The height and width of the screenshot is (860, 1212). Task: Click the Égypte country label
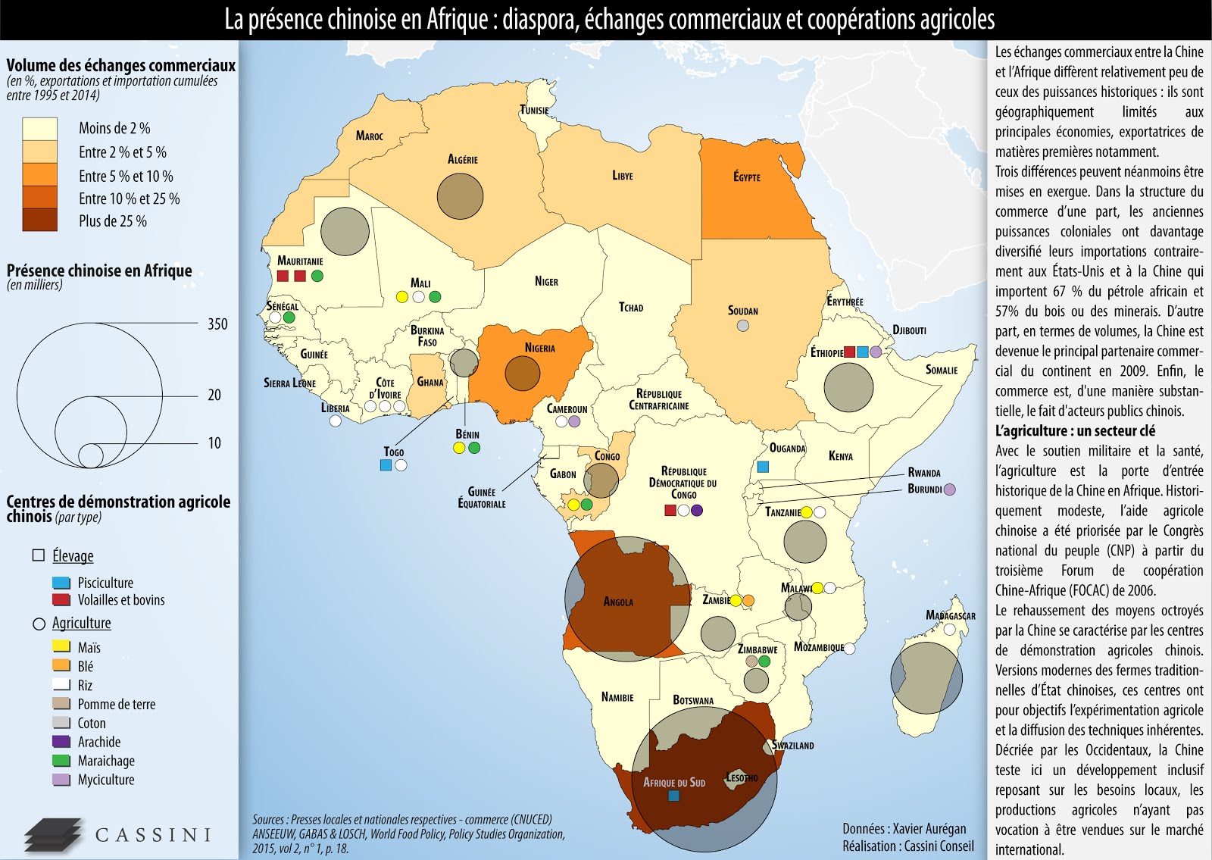pyautogui.click(x=746, y=177)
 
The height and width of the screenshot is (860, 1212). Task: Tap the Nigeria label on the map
pyautogui.click(x=539, y=348)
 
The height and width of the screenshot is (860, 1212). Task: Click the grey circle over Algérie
pyautogui.click(x=460, y=196)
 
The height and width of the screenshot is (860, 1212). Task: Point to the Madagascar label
pyautogui.click(x=950, y=615)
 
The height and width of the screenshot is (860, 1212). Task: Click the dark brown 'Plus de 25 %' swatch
pyautogui.click(x=39, y=220)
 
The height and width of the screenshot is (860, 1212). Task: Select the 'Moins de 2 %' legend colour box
pyautogui.click(x=39, y=128)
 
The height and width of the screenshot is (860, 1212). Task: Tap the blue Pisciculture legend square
pyautogui.click(x=61, y=583)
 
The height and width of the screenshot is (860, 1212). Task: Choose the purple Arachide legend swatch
pyautogui.click(x=61, y=742)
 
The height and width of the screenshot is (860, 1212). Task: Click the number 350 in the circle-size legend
pyautogui.click(x=217, y=324)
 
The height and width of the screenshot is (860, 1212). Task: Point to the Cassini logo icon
pyautogui.click(x=53, y=835)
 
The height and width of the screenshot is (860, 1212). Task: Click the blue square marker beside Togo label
pyautogui.click(x=386, y=465)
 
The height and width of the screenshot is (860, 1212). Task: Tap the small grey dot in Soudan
pyautogui.click(x=743, y=325)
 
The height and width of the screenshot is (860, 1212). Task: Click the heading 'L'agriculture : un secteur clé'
pyautogui.click(x=1075, y=431)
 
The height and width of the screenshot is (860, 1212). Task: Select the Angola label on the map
pyautogui.click(x=618, y=602)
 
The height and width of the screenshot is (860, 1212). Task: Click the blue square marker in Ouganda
pyautogui.click(x=763, y=467)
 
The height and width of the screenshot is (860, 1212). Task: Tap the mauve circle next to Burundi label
pyautogui.click(x=950, y=489)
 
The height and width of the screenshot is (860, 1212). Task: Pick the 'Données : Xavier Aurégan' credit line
pyautogui.click(x=904, y=828)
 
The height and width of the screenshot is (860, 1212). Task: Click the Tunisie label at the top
pyautogui.click(x=534, y=110)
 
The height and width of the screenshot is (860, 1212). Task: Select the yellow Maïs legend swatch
pyautogui.click(x=61, y=647)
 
